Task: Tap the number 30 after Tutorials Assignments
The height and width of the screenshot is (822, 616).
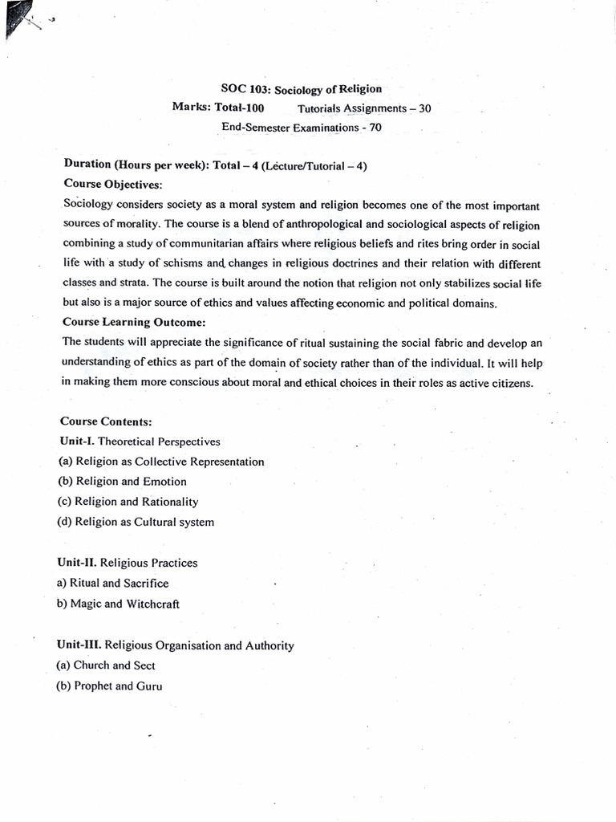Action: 423,108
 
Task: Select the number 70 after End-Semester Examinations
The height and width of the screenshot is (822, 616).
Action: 375,127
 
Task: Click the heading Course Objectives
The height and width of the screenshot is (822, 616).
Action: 112,184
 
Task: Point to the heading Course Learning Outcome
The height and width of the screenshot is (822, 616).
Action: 134,322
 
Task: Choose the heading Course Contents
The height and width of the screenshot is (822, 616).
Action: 106,421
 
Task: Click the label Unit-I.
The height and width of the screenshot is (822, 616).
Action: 76,442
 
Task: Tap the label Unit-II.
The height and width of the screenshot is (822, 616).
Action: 79,563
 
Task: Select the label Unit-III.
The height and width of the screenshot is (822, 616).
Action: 80,645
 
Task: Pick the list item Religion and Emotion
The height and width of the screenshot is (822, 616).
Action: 123,482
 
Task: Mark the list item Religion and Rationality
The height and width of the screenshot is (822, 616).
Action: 128,502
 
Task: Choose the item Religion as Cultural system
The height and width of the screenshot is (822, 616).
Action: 136,522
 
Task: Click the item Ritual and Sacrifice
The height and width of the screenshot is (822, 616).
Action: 113,584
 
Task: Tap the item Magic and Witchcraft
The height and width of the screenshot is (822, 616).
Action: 119,604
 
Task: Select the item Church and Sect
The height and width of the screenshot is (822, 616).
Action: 107,665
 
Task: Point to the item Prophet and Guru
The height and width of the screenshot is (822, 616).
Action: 110,686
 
